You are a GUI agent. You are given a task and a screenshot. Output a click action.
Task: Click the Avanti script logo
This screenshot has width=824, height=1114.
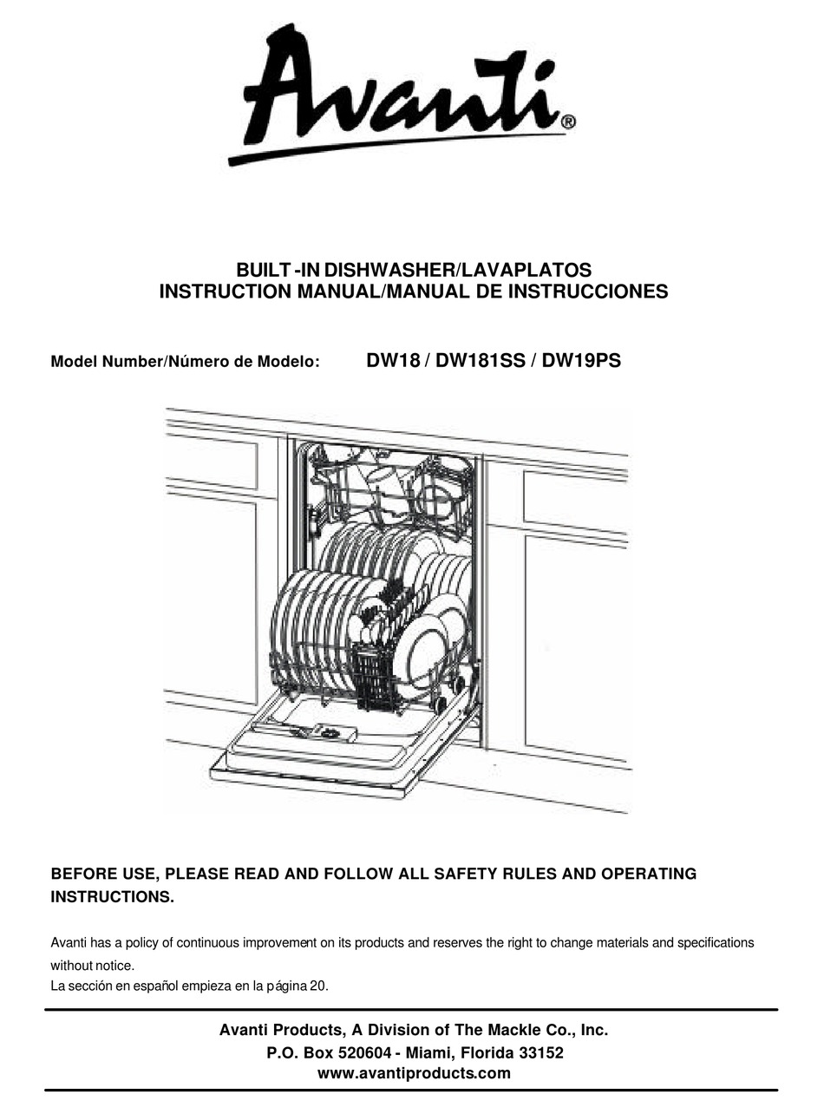(x=402, y=95)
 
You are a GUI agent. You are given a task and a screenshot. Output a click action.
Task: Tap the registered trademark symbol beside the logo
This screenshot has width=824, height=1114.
(x=567, y=122)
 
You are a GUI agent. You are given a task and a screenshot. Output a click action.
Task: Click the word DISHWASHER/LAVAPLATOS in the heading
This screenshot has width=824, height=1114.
(x=458, y=270)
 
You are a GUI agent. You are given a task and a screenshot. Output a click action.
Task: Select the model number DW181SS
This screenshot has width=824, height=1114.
(x=481, y=361)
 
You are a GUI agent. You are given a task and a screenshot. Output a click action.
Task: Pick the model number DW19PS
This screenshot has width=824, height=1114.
(x=581, y=361)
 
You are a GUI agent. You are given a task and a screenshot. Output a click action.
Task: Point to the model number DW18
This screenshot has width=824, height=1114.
(x=393, y=361)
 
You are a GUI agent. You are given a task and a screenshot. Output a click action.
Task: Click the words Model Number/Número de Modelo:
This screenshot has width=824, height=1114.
(x=186, y=362)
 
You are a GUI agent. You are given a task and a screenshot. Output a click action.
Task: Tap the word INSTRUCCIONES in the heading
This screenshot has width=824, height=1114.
(x=588, y=292)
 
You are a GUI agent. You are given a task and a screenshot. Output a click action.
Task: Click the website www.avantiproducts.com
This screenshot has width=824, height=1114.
(x=414, y=1073)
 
